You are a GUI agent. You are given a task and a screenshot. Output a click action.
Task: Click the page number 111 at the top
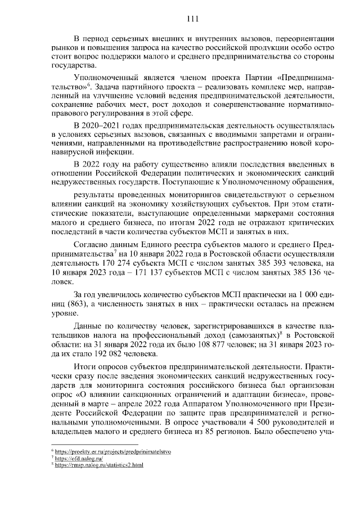[x=193, y=20]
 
